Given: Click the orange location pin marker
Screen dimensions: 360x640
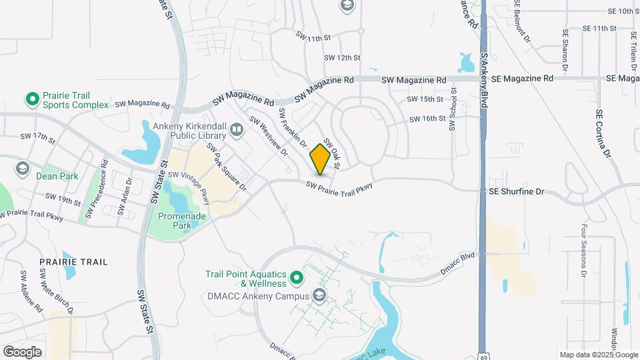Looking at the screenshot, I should click(x=320, y=159).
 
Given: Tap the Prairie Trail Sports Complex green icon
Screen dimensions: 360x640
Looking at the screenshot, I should click(x=31, y=100).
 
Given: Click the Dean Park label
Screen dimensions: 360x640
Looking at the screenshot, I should click(x=58, y=176).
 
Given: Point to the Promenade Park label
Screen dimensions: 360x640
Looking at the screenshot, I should click(x=175, y=221).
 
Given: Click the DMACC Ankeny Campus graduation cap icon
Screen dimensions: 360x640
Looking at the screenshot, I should click(x=319, y=295).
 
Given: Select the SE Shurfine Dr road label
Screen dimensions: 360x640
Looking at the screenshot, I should click(x=517, y=191).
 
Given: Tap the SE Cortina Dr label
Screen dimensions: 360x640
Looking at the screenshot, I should click(x=603, y=134).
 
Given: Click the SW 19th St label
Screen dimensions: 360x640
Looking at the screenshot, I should click(x=62, y=197).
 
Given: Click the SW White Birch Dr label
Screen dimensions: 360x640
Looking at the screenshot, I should click(x=55, y=291).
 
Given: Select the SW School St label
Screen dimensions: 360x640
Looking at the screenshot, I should click(x=453, y=111).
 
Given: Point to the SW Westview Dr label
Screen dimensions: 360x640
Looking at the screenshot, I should click(x=268, y=137).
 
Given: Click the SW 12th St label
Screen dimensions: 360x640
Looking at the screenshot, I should click(x=342, y=58).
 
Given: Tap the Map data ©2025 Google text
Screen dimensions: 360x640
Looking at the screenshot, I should click(x=598, y=355).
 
